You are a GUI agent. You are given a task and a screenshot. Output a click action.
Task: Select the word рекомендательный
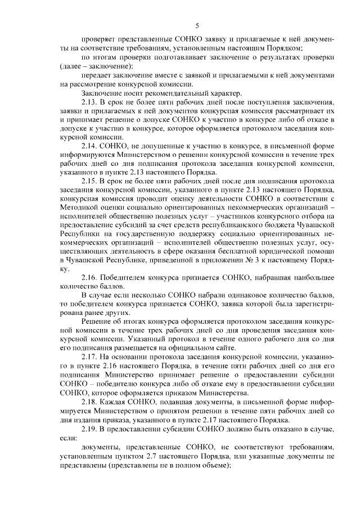[x=166, y=92]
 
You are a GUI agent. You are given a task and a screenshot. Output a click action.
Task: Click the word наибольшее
[x=310, y=276]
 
